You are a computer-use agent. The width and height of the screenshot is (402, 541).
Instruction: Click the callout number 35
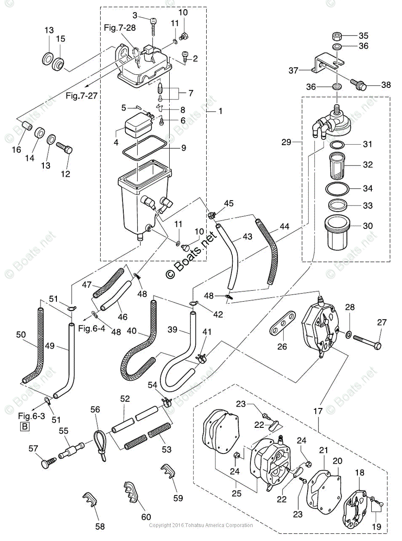(x=364, y=36)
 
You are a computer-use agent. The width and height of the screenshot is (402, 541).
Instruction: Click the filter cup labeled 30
(x=337, y=234)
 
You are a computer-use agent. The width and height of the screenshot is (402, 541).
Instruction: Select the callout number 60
(x=146, y=517)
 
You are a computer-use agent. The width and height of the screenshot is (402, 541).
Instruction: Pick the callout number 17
(x=319, y=411)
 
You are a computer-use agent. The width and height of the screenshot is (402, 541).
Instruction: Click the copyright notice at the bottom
(x=201, y=525)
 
